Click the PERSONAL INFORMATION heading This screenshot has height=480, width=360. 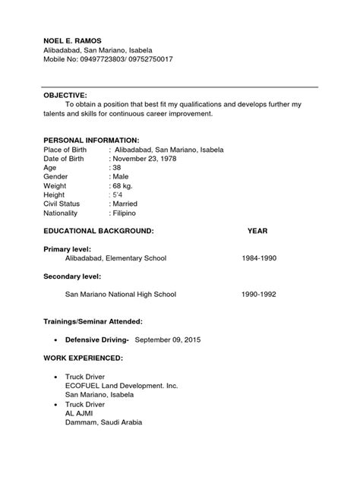tap(90, 141)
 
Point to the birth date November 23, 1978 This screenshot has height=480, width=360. tap(149, 160)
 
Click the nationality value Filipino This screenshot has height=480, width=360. tap(125, 214)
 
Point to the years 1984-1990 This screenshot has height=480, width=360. tap(259, 258)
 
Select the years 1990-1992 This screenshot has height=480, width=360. tap(259, 293)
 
